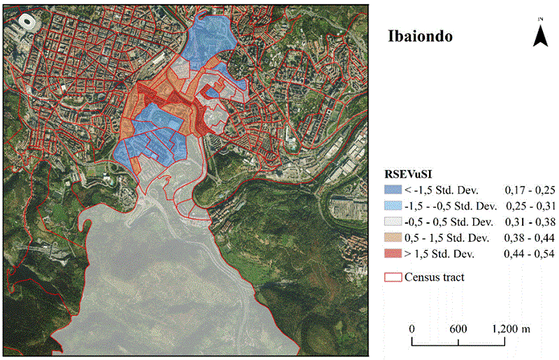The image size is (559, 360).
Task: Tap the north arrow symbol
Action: point(540,32)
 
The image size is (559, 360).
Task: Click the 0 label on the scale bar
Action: point(412,329)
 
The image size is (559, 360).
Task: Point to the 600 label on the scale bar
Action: point(458,329)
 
